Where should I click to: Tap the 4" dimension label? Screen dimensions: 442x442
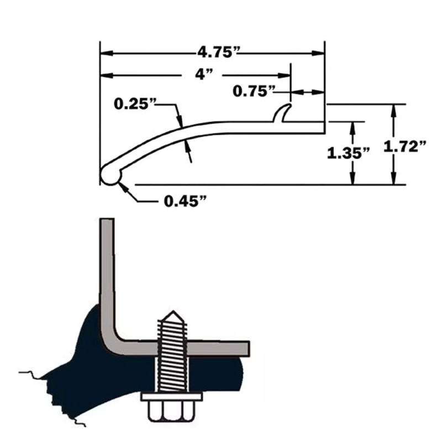click(x=204, y=75)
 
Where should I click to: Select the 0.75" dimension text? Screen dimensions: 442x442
click(x=254, y=91)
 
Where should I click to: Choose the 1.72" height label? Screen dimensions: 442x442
click(x=406, y=146)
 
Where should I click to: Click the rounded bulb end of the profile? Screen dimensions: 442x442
click(x=110, y=175)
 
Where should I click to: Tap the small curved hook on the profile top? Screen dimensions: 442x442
click(x=283, y=113)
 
